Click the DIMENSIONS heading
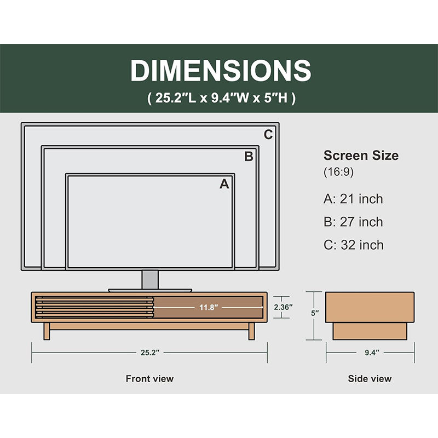pyautogui.click(x=221, y=71)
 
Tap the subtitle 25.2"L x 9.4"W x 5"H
pyautogui.click(x=221, y=98)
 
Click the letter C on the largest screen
pyautogui.click(x=268, y=135)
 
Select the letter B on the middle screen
pyautogui.click(x=249, y=157)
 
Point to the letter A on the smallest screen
pyautogui.click(x=224, y=184)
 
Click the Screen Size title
pyautogui.click(x=361, y=155)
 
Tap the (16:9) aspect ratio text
pyautogui.click(x=338, y=171)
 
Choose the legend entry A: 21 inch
pyautogui.click(x=353, y=199)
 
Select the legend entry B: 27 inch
pyautogui.click(x=353, y=222)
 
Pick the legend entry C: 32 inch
pyautogui.click(x=354, y=245)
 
